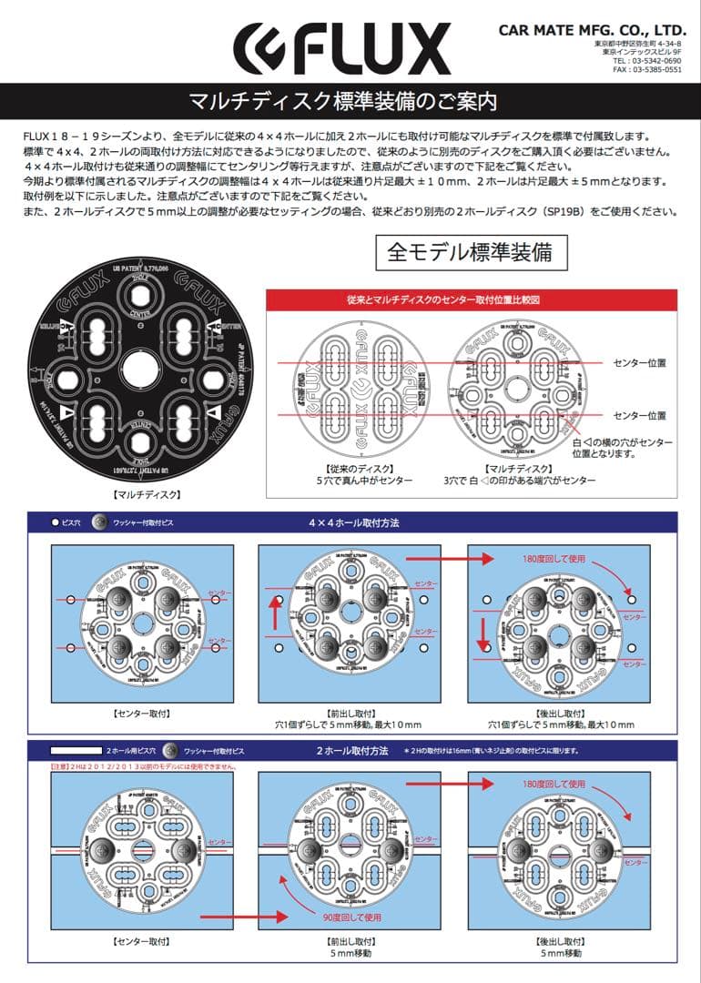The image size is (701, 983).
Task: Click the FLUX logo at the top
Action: pos(341,47)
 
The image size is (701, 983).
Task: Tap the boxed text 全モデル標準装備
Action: pos(470,252)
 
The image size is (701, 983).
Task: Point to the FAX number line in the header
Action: pos(646,70)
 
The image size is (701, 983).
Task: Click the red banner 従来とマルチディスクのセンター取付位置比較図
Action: pos(470,299)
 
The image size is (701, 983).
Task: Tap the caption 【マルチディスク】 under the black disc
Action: pos(142,495)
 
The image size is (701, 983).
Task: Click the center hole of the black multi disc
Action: pos(142,369)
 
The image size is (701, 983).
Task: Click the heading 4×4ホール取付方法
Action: pos(354,523)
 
